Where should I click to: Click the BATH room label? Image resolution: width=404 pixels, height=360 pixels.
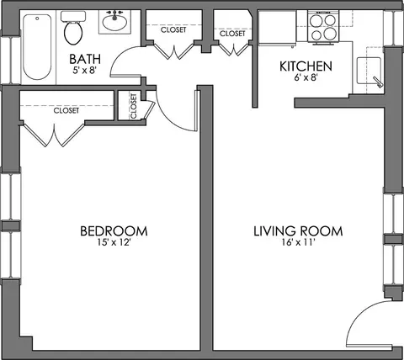pyautogui.click(x=85, y=59)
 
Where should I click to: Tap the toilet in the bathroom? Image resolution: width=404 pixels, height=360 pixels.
pyautogui.click(x=73, y=28)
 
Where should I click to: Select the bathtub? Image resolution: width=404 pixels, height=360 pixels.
pyautogui.click(x=37, y=47)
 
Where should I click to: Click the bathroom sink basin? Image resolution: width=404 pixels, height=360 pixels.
pyautogui.click(x=114, y=22)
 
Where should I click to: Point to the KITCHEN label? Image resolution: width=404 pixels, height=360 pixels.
pyautogui.click(x=306, y=66)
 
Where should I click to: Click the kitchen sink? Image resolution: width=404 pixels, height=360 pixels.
pyautogui.click(x=369, y=71)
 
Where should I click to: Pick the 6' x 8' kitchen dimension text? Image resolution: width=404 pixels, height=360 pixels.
pyautogui.click(x=306, y=77)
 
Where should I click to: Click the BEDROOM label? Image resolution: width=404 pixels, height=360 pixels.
pyautogui.click(x=114, y=231)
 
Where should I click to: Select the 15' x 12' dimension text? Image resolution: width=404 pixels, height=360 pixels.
pyautogui.click(x=114, y=242)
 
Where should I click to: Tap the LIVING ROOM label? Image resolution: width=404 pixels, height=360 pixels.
pyautogui.click(x=298, y=231)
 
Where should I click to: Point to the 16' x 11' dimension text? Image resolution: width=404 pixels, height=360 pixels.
pyautogui.click(x=297, y=242)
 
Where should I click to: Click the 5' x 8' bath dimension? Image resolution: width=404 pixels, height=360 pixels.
pyautogui.click(x=85, y=70)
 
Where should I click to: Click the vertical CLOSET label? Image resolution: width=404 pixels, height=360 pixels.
pyautogui.click(x=133, y=106)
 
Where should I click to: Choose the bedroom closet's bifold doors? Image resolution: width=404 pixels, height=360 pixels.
pyautogui.click(x=54, y=135)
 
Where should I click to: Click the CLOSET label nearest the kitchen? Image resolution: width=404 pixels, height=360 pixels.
pyautogui.click(x=232, y=34)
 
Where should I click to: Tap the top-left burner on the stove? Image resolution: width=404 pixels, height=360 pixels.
pyautogui.click(x=317, y=20)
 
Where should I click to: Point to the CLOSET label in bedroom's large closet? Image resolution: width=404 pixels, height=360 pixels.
pyautogui.click(x=66, y=110)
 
